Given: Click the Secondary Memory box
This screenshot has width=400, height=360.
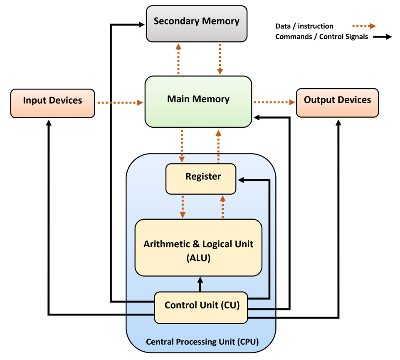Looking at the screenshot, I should click(x=197, y=24).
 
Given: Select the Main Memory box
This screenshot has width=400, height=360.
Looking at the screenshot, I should click(x=198, y=101).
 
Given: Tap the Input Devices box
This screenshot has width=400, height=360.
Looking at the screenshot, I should click(x=52, y=103).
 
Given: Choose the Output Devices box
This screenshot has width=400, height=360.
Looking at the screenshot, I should click(x=337, y=102).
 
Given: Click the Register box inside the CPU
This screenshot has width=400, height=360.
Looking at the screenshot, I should click(x=201, y=179).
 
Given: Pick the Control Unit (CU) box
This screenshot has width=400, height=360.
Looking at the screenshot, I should click(x=201, y=307).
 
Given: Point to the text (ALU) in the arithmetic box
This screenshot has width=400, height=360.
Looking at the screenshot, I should click(x=198, y=258).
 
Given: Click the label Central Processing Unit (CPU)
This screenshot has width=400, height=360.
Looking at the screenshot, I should click(x=202, y=342).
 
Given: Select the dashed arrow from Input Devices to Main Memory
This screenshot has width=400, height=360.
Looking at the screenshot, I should click(x=120, y=102).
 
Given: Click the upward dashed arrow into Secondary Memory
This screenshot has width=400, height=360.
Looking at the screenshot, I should click(x=178, y=58).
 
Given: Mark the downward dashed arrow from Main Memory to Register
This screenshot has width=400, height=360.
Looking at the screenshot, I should click(x=182, y=145).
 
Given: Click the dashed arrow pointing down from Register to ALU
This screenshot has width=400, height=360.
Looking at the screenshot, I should click(x=182, y=206).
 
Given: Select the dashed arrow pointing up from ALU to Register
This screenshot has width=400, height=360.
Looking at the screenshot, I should click(x=222, y=206).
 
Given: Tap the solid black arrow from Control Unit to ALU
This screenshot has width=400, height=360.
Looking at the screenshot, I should click(x=200, y=284).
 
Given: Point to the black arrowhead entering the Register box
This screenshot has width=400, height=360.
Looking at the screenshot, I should click(x=241, y=180).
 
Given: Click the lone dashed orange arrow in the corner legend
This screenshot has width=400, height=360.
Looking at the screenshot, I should click(x=364, y=26).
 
